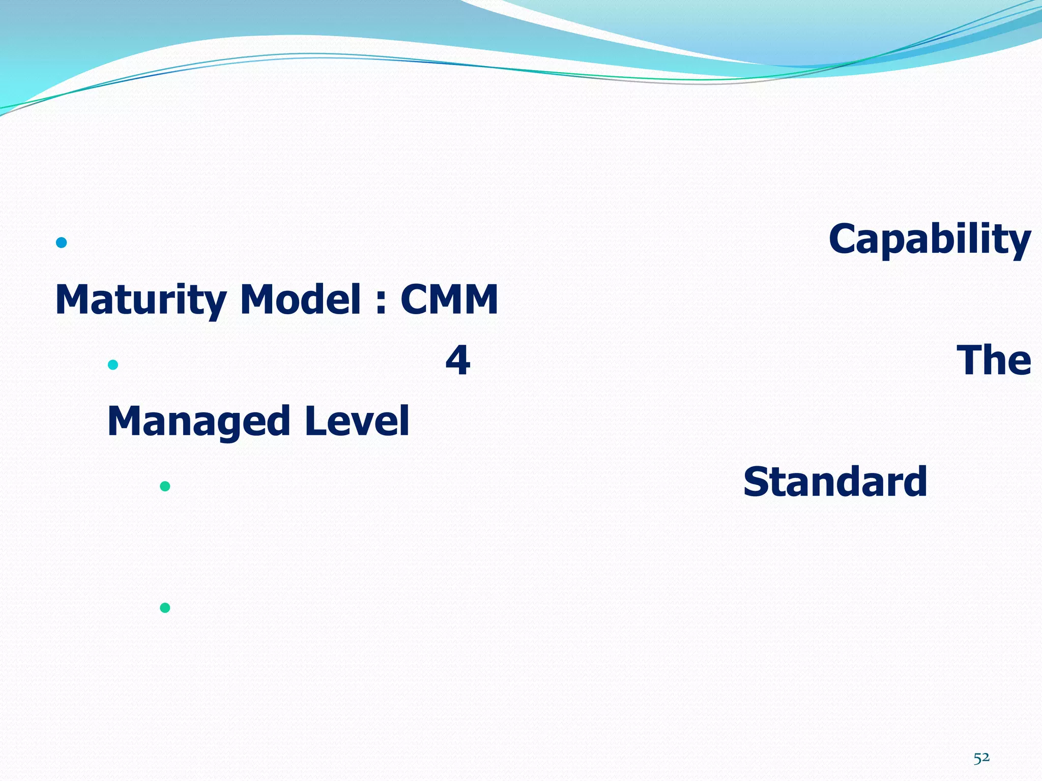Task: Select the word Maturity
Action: pos(140,300)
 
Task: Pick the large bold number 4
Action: pos(457,360)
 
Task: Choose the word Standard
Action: pos(835,482)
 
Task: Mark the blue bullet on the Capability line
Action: pos(62,243)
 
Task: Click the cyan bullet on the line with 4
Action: pos(113,365)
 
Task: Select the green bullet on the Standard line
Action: pos(165,486)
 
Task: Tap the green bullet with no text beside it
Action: pos(165,608)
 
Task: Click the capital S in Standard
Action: pos(756,482)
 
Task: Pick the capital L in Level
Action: pos(314,421)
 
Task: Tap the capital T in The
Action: pos(971,360)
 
